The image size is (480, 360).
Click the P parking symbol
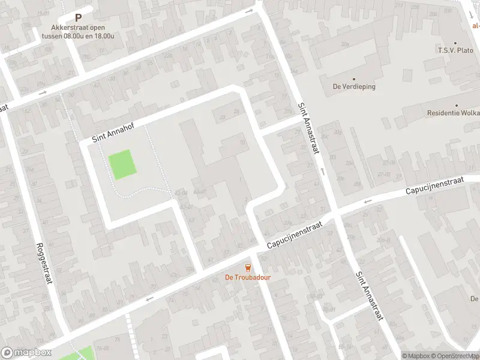(x=78, y=19)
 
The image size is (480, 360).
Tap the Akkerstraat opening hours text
(x=78, y=31)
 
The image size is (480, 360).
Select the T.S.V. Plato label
(x=455, y=50)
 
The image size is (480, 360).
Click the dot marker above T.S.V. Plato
(x=455, y=43)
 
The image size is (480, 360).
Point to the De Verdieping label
(x=354, y=86)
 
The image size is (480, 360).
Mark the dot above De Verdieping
(x=354, y=79)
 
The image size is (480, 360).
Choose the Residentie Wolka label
(x=453, y=113)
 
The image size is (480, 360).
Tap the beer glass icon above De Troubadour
(x=247, y=268)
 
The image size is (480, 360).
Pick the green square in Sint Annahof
(x=122, y=164)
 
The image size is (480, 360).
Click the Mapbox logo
(x=25, y=353)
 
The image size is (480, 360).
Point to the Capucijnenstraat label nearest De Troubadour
(x=295, y=235)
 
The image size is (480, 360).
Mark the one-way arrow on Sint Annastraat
(x=322, y=172)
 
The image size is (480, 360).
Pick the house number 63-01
(x=187, y=208)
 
